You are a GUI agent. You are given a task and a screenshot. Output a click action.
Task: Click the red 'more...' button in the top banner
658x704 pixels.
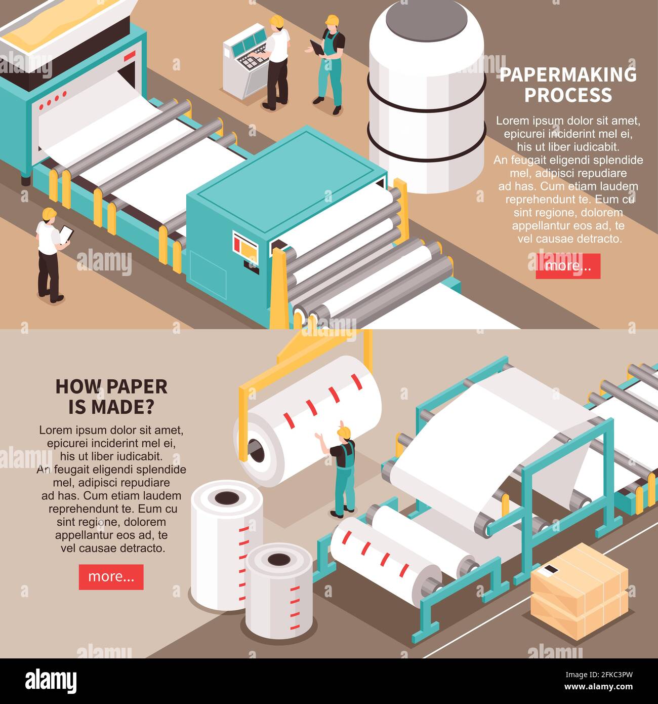[x=568, y=266]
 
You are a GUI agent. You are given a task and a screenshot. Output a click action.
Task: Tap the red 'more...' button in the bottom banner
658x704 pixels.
[x=111, y=577]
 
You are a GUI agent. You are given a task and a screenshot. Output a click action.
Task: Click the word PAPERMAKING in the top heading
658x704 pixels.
[x=568, y=75]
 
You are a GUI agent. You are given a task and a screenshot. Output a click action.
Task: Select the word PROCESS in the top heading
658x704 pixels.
[x=568, y=95]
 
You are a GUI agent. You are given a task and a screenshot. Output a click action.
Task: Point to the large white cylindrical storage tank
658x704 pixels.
[x=426, y=96]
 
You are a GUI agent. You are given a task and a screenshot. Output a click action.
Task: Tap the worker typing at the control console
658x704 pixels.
[x=277, y=61]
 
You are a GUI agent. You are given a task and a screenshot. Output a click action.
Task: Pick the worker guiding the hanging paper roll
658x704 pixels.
[x=344, y=471]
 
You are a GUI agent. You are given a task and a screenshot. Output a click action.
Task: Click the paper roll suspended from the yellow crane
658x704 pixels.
[x=309, y=420]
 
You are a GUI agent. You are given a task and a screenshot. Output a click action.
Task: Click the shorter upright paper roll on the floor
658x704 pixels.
[x=279, y=590]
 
